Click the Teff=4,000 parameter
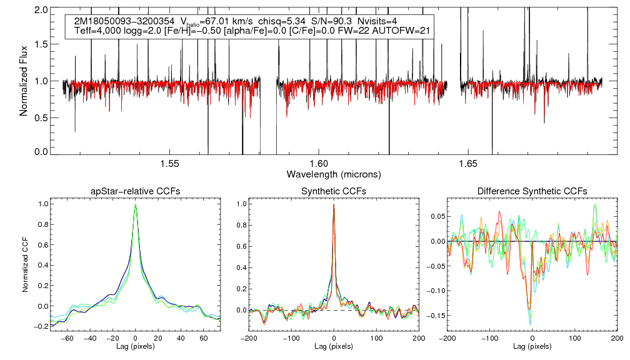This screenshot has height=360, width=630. pyautogui.click(x=101, y=31)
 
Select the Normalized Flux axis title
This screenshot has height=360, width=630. pyautogui.click(x=24, y=79)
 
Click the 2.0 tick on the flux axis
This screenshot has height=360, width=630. pyautogui.click(x=42, y=11)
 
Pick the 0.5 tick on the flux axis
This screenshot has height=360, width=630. pyautogui.click(x=42, y=117)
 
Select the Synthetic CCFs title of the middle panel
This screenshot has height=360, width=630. pyautogui.click(x=334, y=191)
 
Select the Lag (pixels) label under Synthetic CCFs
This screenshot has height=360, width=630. pyautogui.click(x=334, y=346)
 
